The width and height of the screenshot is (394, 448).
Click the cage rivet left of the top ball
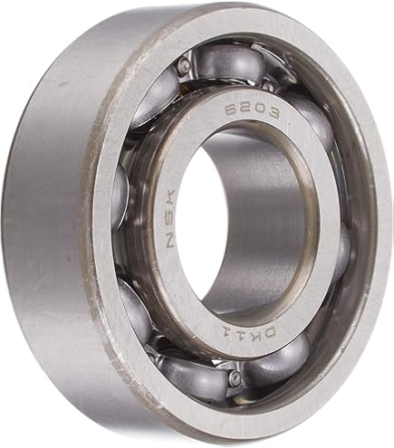coord(185,65)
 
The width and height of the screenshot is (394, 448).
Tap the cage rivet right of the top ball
coord(268,84)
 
